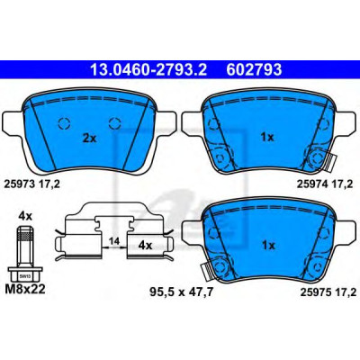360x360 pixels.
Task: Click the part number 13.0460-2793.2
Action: [x=148, y=70]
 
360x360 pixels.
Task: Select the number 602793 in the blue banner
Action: [x=255, y=70]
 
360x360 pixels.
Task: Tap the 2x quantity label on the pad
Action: [x=89, y=139]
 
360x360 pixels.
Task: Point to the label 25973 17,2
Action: [x=31, y=184]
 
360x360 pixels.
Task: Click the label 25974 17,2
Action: [x=328, y=184]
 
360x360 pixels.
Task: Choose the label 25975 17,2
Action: [x=328, y=292]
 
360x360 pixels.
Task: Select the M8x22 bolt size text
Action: [x=25, y=289]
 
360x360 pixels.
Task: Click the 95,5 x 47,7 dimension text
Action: [x=181, y=292]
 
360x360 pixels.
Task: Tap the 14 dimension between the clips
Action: [x=114, y=241]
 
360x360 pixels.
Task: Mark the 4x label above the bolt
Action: [x=25, y=216]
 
